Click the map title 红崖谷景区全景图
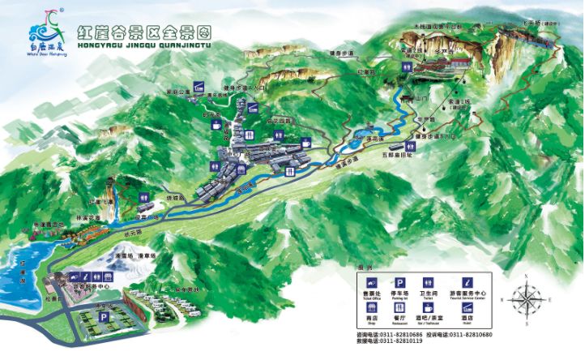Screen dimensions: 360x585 tap(143, 32)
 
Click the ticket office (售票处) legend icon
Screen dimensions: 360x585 tap(370, 284)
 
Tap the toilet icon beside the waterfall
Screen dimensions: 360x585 tap(143, 197)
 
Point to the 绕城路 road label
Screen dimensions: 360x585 tap(176, 198)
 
